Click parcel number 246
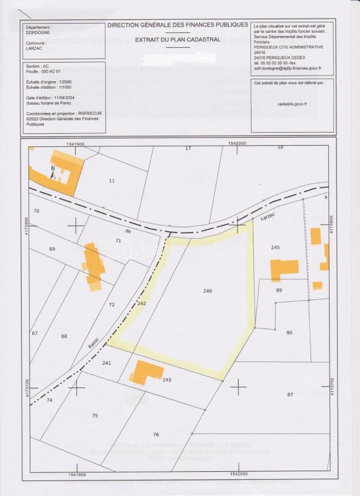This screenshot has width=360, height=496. tap(208, 291)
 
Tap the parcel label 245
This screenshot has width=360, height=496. tap(276, 247)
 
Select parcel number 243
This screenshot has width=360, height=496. tap(166, 379)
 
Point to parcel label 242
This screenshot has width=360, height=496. tap(141, 304)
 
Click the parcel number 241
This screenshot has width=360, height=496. tap(106, 363)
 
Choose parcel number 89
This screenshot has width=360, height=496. tap(279, 290)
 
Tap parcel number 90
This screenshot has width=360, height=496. tap(289, 333)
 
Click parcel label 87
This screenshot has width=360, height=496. tap(289, 394)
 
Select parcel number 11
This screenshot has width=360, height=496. tap(112, 180)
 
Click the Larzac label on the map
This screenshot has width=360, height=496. tap(268, 218)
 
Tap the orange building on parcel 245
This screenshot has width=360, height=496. tap(284, 268)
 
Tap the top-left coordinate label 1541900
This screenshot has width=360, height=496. tap(73, 143)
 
